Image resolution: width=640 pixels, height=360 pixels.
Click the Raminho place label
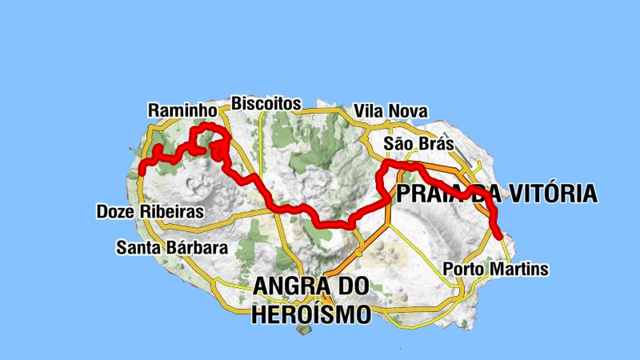[x=183, y=110]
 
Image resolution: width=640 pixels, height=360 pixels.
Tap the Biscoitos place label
[x=266, y=103]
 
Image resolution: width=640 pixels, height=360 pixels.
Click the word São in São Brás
[x=398, y=144]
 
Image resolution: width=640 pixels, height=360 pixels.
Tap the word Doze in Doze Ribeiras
[x=114, y=212]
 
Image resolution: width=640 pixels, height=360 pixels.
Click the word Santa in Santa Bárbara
[x=138, y=247]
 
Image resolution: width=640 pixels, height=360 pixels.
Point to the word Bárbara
[x=196, y=247]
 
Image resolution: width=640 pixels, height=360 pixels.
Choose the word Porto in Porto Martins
[x=462, y=269]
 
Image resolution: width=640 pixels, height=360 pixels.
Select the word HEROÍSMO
[x=311, y=314]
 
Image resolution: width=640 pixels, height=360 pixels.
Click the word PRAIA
[x=432, y=194]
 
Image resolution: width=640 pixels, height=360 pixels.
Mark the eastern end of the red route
[x=499, y=235]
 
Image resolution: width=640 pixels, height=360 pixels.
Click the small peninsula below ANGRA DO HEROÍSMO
[x=302, y=330]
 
